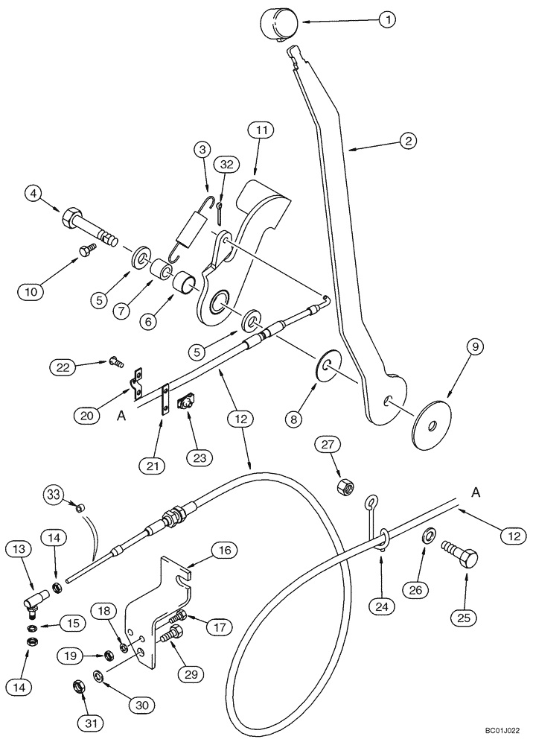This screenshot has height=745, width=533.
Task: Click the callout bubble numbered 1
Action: [386, 20]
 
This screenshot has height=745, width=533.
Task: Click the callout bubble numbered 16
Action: [225, 551]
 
